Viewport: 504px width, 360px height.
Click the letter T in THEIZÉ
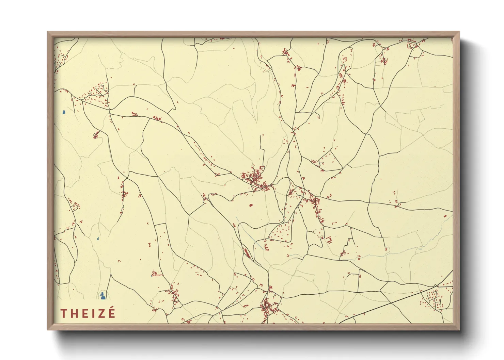pyautogui.click(x=63, y=313)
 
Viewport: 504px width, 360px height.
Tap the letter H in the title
pyautogui.click(x=74, y=313)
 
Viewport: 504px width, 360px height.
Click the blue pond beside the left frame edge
pyautogui.click(x=64, y=112)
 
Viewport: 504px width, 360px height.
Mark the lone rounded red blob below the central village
pyautogui.click(x=251, y=206)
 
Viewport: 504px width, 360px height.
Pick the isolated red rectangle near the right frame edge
pyautogui.click(x=445, y=216)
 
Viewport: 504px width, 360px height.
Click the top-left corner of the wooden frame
pyautogui.click(x=48, y=32)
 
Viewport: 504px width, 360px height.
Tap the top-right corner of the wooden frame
pyautogui.click(x=459, y=32)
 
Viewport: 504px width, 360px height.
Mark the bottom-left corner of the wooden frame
pyautogui.click(x=48, y=329)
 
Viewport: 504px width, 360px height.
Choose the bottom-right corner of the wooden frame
pyautogui.click(x=459, y=329)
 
